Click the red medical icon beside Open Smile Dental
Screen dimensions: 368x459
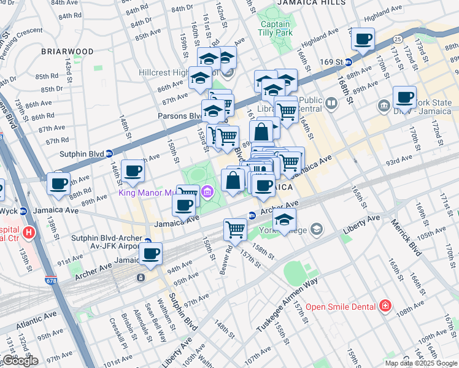pos(385,305)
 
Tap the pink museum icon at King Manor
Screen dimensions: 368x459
pos(207,194)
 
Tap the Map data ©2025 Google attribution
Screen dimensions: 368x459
pos(420,363)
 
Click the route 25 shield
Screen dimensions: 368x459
pos(398,39)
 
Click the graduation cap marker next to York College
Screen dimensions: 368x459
pos(284,220)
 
